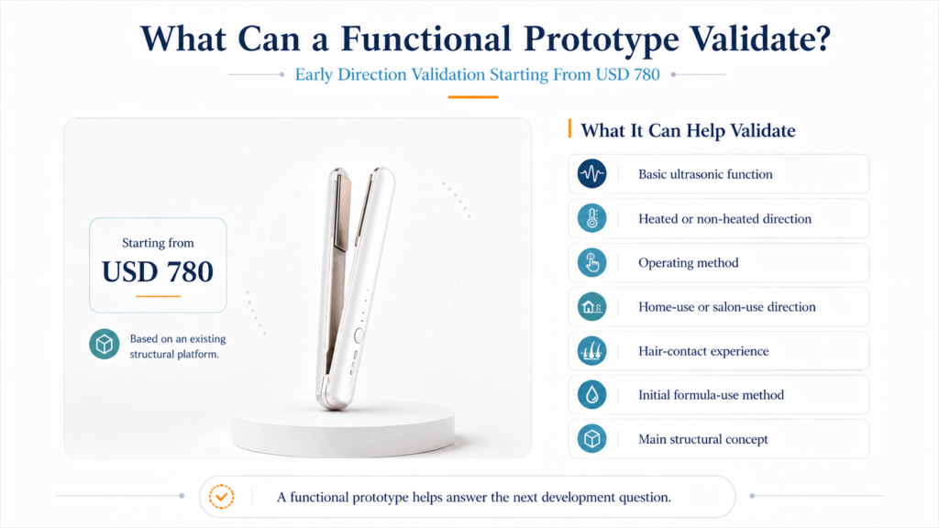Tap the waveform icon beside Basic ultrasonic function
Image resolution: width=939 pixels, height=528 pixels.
click(x=591, y=173)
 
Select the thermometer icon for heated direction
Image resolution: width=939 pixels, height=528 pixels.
click(x=591, y=218)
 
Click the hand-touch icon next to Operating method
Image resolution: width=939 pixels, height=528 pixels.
click(x=591, y=262)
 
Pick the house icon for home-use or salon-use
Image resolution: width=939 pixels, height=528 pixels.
click(x=591, y=306)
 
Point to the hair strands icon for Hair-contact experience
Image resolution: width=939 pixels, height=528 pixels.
click(x=591, y=351)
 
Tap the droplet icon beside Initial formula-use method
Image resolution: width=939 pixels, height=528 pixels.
click(x=591, y=394)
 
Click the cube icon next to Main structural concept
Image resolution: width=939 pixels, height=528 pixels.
click(x=591, y=439)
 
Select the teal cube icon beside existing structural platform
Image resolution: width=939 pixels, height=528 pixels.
click(x=105, y=345)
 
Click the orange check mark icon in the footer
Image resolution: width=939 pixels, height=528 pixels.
click(x=222, y=496)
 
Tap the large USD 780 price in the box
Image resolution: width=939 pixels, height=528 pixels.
click(x=158, y=271)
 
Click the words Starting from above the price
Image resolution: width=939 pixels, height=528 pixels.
click(x=158, y=242)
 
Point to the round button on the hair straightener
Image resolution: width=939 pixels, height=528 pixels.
click(x=359, y=335)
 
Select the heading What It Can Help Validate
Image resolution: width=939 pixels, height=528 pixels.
click(x=688, y=130)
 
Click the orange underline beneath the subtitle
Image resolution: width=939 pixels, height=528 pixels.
click(x=473, y=97)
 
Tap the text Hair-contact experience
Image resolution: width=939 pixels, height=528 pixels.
click(x=703, y=351)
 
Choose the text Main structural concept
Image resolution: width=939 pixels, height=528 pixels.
click(x=703, y=439)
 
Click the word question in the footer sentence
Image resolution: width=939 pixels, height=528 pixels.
click(x=646, y=498)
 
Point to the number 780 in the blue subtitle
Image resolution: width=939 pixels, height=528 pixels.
click(x=645, y=74)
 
